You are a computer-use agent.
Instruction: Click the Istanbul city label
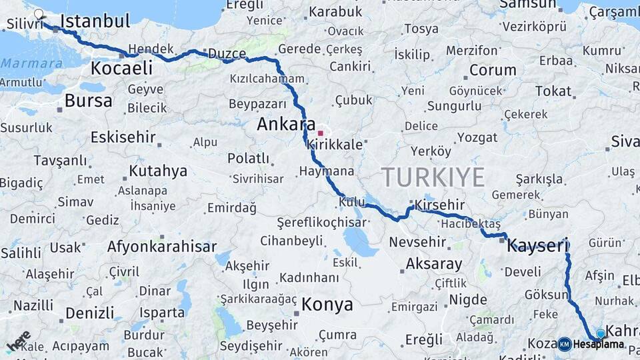(95, 21)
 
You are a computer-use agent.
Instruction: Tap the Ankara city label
(286, 124)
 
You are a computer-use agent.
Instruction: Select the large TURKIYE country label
(433, 177)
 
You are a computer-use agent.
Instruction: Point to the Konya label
(327, 305)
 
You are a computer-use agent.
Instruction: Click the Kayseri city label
(537, 246)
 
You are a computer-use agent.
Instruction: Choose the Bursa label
(89, 101)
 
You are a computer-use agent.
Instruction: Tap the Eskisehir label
(123, 138)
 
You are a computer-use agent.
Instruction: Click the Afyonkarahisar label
(162, 247)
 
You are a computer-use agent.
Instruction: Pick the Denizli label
(89, 313)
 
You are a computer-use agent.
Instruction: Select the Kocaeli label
(121, 67)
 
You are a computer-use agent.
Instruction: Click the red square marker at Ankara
(320, 133)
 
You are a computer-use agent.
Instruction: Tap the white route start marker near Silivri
(39, 13)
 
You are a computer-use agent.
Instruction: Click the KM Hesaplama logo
(591, 344)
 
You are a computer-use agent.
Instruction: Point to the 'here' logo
(19, 341)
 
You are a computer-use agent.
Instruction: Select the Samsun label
(527, 4)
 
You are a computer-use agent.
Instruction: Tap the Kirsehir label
(439, 205)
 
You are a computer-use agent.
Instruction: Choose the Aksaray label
(434, 263)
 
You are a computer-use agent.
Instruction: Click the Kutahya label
(158, 171)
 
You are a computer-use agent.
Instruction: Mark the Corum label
(493, 70)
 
